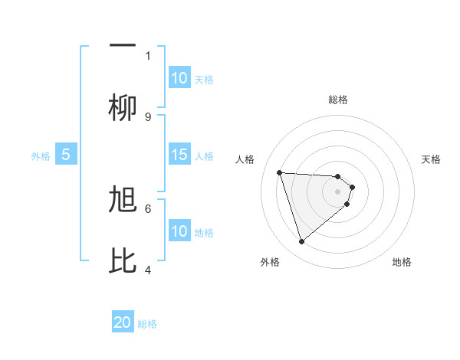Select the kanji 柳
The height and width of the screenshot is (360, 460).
[x=123, y=107]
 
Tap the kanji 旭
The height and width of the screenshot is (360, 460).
[x=123, y=200]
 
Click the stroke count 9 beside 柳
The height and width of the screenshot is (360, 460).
[x=148, y=116]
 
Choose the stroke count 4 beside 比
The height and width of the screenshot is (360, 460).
[x=148, y=270]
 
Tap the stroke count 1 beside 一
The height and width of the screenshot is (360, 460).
[x=148, y=55]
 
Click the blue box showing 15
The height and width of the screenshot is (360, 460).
[x=179, y=155]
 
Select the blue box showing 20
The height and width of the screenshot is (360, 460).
[x=123, y=322]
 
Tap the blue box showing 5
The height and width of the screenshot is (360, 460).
[x=66, y=155]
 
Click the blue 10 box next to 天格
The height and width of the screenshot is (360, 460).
[x=179, y=78]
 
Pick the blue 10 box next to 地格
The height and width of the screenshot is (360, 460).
[x=179, y=231]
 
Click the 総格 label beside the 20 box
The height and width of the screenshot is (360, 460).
[x=147, y=324]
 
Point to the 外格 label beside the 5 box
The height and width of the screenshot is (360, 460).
[x=41, y=156]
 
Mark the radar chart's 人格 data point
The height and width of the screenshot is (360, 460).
[x=280, y=172]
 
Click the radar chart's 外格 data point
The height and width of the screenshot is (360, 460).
[x=302, y=242]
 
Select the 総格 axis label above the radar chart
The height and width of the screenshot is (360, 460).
[x=338, y=100]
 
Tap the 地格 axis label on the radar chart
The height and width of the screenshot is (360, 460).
[x=402, y=262]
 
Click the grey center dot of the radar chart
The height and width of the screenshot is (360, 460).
[x=338, y=191]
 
